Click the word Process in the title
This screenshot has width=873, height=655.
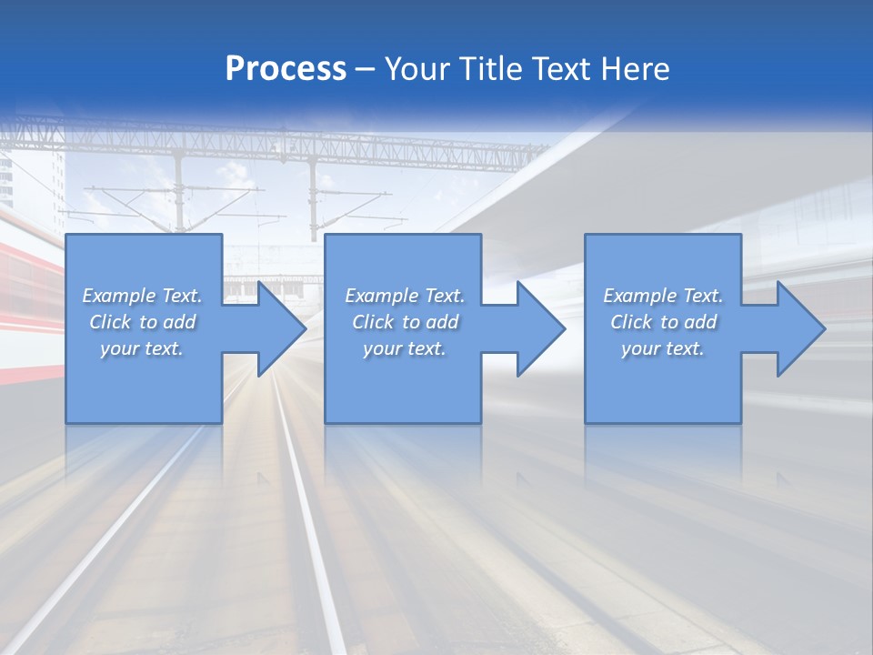286,69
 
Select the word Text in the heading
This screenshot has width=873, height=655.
563,69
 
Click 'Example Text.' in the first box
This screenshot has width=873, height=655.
142,296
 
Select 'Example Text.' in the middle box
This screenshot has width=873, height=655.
405,296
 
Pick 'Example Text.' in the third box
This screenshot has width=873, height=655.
663,296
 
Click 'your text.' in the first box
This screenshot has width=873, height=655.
142,348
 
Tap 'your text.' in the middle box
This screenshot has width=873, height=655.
405,348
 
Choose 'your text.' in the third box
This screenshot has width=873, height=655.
663,348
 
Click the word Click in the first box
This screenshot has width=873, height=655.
110,322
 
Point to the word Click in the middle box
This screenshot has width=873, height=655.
373,322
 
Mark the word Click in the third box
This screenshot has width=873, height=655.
631,322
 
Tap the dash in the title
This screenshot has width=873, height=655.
366,70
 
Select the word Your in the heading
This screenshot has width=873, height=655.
417,69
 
